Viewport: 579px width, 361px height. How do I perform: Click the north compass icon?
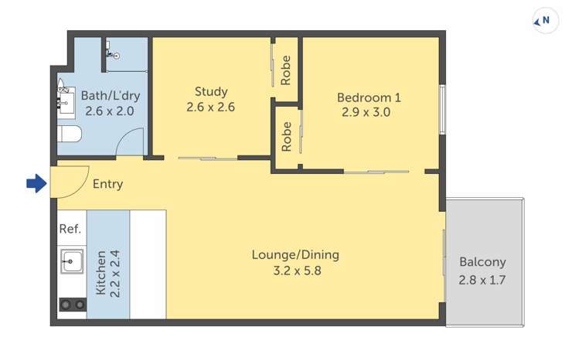546,21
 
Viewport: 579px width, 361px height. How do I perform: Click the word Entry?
107,185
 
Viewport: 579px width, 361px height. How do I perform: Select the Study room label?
211,92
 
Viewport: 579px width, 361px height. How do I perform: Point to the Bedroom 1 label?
369,97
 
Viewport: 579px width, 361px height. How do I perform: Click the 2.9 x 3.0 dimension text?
366,112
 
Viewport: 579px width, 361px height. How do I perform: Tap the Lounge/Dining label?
295,254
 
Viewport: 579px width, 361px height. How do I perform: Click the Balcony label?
482,261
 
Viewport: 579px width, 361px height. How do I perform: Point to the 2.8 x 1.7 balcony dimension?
482,280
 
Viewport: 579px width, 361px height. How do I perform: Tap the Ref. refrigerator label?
70,230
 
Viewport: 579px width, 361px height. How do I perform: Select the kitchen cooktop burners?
72,305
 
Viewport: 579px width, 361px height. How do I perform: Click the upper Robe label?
286,70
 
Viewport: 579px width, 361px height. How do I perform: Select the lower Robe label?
286,136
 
